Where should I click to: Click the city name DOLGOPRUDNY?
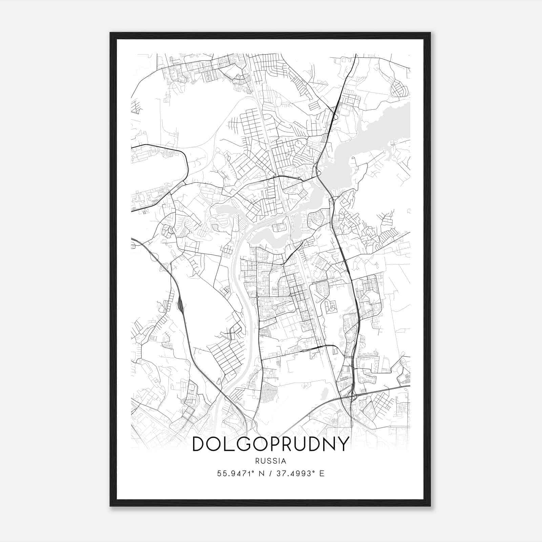[270, 444]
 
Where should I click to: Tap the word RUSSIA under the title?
[271, 461]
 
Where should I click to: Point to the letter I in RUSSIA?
[279, 461]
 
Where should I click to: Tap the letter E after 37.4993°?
[322, 474]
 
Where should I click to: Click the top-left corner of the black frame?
[111, 33]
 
